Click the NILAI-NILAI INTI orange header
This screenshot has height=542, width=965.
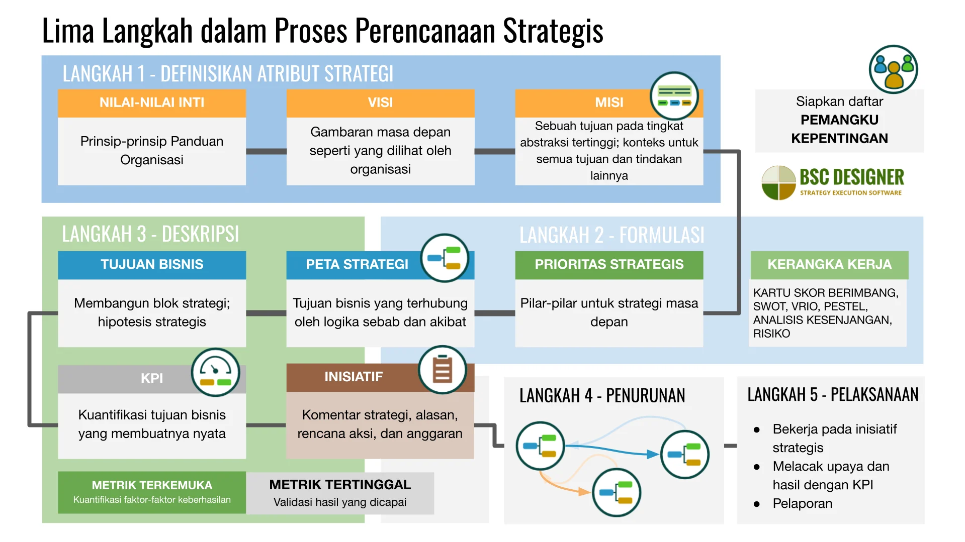point(152,103)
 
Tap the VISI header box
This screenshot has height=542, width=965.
point(380,103)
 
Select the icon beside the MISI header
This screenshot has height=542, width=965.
point(674,95)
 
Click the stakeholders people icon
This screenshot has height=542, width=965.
point(893,69)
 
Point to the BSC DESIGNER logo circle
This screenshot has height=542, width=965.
point(778,183)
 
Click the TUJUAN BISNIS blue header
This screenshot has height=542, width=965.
point(152,265)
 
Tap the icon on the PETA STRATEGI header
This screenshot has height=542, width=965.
point(445,258)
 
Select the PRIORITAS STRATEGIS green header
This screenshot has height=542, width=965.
point(609,265)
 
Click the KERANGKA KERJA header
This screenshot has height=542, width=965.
point(829,265)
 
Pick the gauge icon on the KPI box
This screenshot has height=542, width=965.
point(215,373)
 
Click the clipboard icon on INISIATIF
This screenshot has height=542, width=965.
point(443,370)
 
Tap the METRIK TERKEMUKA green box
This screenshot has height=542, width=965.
point(152,492)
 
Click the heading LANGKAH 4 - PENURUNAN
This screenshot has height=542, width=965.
point(602,396)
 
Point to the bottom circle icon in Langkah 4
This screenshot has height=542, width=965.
point(617,493)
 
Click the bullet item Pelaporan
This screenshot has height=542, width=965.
point(802,504)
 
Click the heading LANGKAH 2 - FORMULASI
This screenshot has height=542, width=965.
point(611,235)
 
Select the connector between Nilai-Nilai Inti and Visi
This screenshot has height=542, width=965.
point(266,151)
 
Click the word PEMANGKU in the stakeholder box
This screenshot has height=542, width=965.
point(839,120)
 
